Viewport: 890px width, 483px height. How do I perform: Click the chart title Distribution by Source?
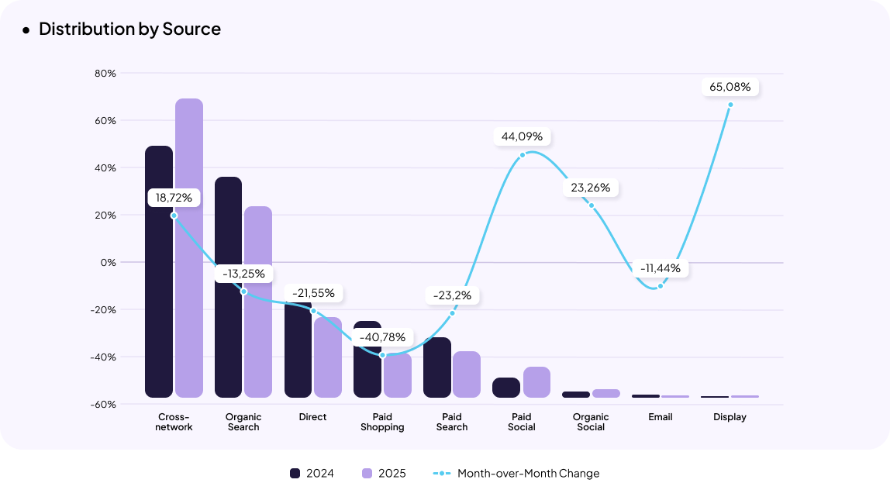(x=129, y=29)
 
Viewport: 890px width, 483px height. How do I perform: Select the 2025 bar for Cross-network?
(x=188, y=248)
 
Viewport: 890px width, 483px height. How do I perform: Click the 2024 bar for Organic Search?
(x=228, y=287)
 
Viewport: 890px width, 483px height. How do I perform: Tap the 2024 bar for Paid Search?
(x=437, y=367)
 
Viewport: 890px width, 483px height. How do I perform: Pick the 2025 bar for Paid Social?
(x=536, y=382)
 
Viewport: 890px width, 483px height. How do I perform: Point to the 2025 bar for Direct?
(x=328, y=357)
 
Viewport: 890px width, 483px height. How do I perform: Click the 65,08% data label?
(x=730, y=87)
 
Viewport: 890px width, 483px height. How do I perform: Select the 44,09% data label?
(x=522, y=136)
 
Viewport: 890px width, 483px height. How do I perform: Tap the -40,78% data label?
(x=381, y=337)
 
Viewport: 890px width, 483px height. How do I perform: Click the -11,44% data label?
(x=660, y=268)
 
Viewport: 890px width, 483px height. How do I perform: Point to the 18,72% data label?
(x=174, y=198)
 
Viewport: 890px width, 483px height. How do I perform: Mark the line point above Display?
(x=730, y=105)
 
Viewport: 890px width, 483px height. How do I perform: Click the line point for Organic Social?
(x=591, y=205)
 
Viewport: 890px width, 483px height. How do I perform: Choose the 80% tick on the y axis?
(x=105, y=74)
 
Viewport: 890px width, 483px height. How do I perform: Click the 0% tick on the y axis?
(x=108, y=263)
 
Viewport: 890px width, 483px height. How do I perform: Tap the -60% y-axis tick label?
(x=105, y=405)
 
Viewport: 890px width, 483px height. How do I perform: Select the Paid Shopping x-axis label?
(x=382, y=422)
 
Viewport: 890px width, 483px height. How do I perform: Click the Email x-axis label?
(x=661, y=417)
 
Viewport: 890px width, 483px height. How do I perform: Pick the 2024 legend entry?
(x=312, y=474)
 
